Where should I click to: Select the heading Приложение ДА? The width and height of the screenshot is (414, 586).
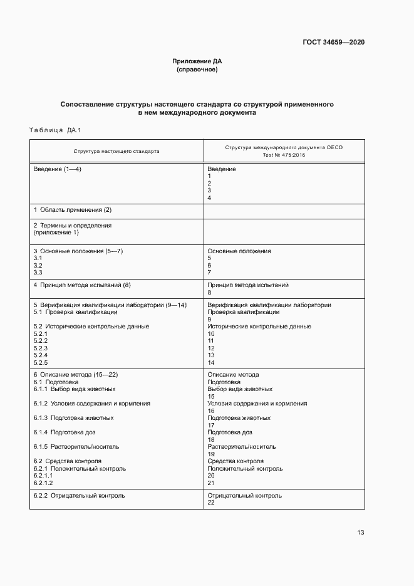coord(197,61)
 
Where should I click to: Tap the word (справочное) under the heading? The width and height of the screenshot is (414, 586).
coord(197,70)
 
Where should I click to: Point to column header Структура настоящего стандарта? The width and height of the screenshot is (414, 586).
coord(116,151)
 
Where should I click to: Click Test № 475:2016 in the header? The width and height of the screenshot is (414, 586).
coord(284,155)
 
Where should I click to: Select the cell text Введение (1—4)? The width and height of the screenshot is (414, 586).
coord(58,169)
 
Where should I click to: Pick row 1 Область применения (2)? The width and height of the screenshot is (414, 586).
coord(72,209)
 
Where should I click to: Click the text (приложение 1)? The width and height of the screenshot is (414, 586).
coord(56,233)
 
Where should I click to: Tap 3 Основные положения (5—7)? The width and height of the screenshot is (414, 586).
coord(78,251)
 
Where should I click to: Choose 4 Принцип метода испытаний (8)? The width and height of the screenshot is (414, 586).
coord(81,285)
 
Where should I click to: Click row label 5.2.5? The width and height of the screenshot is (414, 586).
coord(41,362)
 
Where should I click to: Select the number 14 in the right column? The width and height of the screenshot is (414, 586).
coord(211,362)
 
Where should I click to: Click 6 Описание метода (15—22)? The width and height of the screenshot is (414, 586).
coord(75,374)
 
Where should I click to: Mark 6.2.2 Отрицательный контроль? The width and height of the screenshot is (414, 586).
coord(79,495)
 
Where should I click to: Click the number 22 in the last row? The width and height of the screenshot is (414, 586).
coord(211,503)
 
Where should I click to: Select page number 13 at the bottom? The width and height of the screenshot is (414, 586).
coord(360,533)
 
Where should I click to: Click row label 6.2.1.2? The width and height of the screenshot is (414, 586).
coord(43,483)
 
